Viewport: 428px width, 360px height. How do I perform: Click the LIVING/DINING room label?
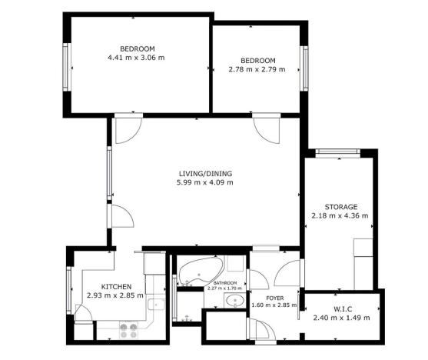(x=204, y=173)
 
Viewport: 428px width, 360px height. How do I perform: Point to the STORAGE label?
(x=340, y=206)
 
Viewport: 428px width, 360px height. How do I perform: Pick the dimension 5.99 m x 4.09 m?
(x=204, y=182)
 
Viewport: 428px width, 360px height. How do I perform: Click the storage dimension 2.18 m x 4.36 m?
(x=340, y=215)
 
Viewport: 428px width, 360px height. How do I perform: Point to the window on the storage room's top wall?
(x=339, y=152)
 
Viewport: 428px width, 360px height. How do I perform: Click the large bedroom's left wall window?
(x=67, y=64)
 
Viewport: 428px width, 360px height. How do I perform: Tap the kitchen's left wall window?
(x=69, y=291)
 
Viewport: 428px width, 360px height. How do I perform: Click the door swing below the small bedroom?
(x=267, y=127)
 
